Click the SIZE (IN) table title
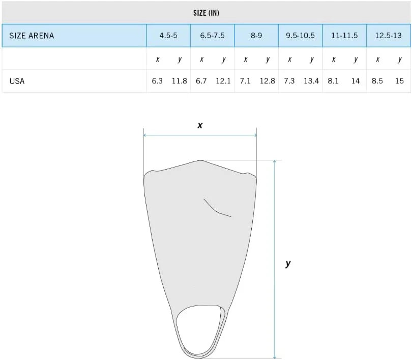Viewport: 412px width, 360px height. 206,13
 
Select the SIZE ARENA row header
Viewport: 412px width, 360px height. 32,36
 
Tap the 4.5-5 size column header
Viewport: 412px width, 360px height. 168,36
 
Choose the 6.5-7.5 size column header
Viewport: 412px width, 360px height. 212,36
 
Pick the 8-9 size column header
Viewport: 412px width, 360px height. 256,36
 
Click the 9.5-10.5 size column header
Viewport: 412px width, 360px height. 300,36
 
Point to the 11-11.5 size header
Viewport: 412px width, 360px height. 344,36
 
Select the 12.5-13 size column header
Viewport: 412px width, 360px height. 389,36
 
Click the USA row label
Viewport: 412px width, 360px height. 17,81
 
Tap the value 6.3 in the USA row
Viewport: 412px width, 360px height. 157,81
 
